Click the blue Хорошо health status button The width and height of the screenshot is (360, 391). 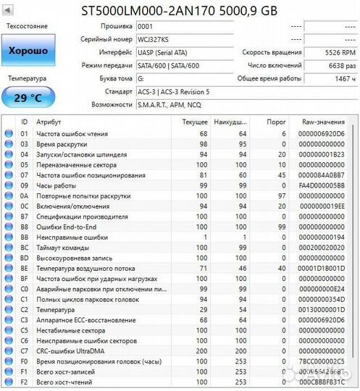(x=28, y=51)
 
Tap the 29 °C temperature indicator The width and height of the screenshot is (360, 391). (x=28, y=97)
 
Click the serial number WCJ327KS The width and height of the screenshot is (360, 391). (x=153, y=39)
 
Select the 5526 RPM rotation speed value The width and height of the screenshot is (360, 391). (x=340, y=53)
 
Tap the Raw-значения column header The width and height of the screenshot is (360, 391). (x=321, y=122)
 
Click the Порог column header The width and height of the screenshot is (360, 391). (x=277, y=122)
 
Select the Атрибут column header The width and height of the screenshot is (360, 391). (x=49, y=122)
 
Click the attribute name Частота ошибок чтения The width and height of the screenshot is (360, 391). (x=72, y=134)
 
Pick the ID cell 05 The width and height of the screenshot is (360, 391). (x=24, y=165)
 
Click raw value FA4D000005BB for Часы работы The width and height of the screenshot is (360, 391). (x=322, y=185)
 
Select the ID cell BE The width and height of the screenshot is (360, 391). (x=24, y=268)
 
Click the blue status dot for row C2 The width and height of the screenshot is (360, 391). (x=8, y=309)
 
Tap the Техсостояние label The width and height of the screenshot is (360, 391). (x=28, y=26)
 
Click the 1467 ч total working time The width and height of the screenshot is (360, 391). (x=343, y=79)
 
